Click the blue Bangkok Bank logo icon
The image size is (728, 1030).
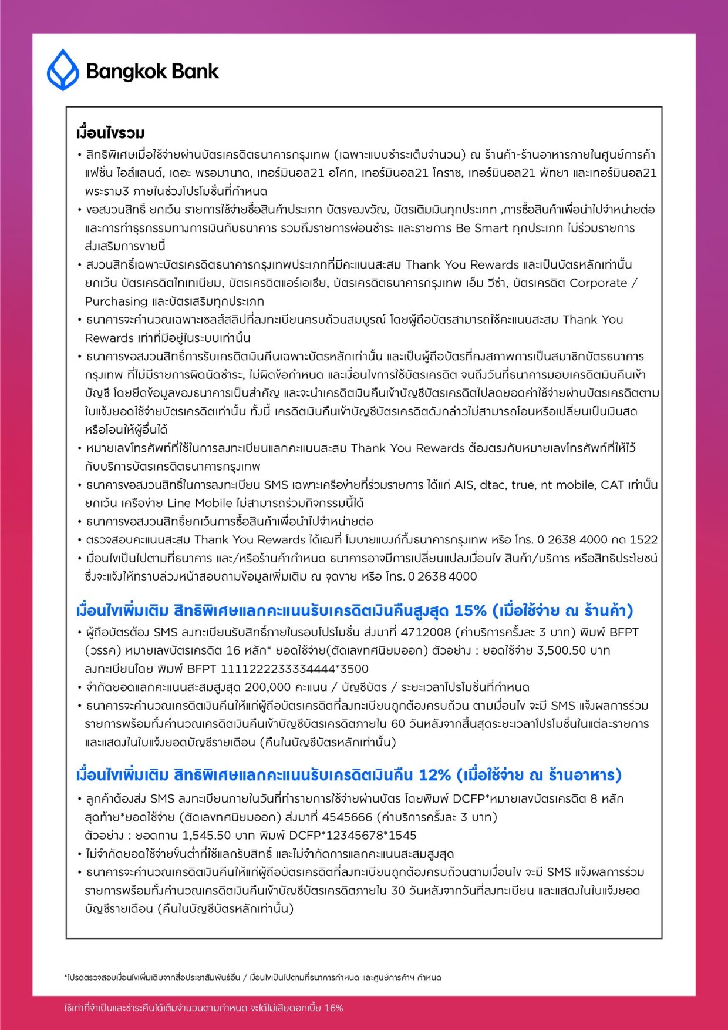(x=62, y=70)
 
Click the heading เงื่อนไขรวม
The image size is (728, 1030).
(x=110, y=133)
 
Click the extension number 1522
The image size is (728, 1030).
(x=643, y=539)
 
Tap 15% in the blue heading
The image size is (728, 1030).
(x=470, y=610)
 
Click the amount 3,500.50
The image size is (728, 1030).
(x=561, y=650)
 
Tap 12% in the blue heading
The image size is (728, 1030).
(x=434, y=775)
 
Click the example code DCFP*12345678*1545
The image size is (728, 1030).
(x=353, y=835)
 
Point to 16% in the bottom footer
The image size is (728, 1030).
(x=333, y=1008)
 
